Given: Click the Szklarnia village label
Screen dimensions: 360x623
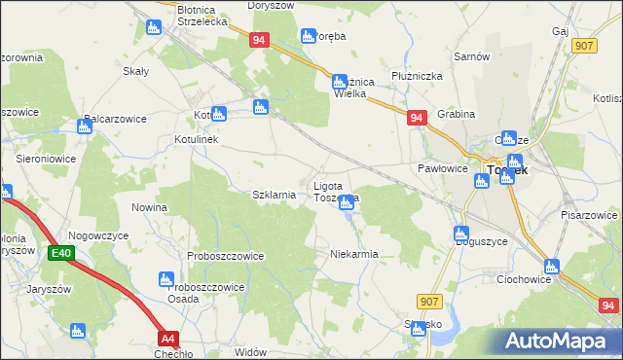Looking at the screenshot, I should point(274,195).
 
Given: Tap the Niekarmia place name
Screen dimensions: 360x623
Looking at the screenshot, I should point(353,254).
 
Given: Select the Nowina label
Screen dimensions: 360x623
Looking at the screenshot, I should point(149,207).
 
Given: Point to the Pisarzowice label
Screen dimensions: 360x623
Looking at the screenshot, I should point(589,214).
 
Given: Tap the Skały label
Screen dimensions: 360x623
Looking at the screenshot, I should point(134,71).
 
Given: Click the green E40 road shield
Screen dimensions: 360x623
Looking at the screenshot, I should point(60,253).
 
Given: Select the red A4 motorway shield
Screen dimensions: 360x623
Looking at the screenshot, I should point(169,339).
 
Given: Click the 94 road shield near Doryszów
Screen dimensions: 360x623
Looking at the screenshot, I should point(258,40).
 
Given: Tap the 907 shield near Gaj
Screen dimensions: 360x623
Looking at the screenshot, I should point(584,46).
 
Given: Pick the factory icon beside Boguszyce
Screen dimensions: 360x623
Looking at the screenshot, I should point(461,234).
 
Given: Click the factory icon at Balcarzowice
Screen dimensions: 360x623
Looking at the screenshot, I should point(84,126).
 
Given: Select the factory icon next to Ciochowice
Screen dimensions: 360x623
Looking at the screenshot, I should point(552,265).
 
